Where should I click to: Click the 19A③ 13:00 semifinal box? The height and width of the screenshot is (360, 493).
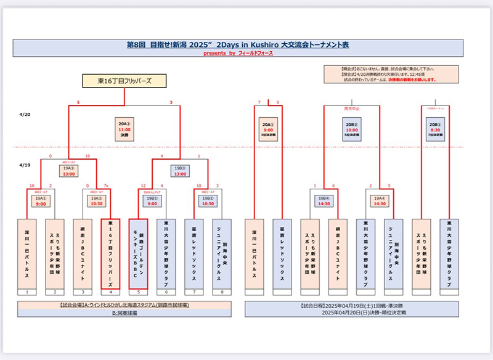pyautogui.click(x=68, y=171)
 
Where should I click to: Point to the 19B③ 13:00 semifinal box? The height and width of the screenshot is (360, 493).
pyautogui.click(x=179, y=171)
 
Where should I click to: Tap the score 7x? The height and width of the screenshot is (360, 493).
pyautogui.click(x=107, y=185)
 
